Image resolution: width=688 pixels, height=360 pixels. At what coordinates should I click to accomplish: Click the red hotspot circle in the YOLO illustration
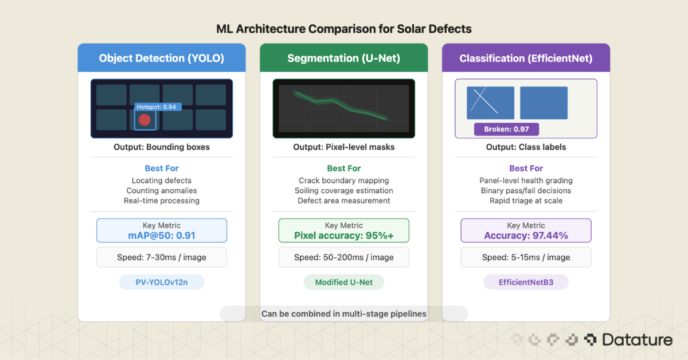click(144, 120)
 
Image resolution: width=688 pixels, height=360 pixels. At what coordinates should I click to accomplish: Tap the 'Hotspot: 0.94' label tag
click(158, 107)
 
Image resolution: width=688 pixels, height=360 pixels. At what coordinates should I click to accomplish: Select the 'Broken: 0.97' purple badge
click(506, 129)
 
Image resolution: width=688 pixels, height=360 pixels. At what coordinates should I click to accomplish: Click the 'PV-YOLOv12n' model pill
click(162, 282)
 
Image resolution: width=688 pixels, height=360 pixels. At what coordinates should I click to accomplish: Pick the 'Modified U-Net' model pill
click(343, 282)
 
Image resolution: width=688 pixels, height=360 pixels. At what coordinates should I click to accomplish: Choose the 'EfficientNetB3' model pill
click(526, 282)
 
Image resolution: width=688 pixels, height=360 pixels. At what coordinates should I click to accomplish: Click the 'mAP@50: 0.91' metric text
click(162, 235)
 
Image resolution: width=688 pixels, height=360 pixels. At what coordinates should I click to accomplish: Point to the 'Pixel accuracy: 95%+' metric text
click(343, 235)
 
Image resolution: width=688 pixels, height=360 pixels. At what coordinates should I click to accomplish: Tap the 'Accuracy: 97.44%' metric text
click(526, 235)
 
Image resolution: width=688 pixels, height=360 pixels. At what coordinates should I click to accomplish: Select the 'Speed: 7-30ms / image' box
click(162, 257)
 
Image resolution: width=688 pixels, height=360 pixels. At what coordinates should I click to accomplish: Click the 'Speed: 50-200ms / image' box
click(343, 257)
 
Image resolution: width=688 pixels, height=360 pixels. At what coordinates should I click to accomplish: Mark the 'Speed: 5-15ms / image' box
click(526, 257)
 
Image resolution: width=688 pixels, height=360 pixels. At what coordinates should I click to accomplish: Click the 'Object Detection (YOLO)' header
click(162, 58)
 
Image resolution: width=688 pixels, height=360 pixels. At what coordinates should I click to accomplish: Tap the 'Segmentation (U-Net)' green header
click(343, 58)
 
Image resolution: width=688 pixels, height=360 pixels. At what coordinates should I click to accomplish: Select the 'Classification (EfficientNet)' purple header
click(526, 58)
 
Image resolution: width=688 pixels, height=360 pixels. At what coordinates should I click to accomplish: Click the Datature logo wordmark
click(636, 340)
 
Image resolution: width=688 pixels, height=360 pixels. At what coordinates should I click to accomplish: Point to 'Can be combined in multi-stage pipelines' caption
click(343, 314)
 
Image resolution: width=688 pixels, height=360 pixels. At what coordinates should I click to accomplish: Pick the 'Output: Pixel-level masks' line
click(343, 147)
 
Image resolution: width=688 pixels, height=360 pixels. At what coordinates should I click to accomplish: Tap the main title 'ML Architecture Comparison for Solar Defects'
click(343, 29)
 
